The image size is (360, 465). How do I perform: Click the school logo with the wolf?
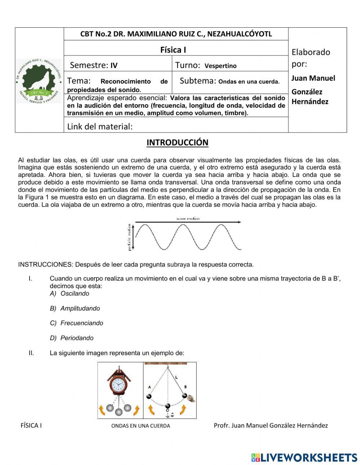point(39,81)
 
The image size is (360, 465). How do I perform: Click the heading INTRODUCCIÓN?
point(177,143)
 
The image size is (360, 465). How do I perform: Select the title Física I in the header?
point(173,50)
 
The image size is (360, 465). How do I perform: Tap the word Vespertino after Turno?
point(220,66)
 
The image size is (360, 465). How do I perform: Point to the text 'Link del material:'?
point(100,126)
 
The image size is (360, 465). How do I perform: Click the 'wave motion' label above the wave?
point(188,219)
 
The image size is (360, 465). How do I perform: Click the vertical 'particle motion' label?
point(129,237)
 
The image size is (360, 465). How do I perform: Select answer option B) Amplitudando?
point(75,308)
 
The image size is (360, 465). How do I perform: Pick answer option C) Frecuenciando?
point(76,323)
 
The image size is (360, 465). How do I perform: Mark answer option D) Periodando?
point(72,338)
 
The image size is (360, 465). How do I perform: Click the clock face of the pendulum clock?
point(117,385)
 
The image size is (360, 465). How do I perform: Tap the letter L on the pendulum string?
point(176,377)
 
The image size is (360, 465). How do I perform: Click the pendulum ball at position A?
point(149,396)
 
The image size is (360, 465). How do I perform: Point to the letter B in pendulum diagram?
point(185,387)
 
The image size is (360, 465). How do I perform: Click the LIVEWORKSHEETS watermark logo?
point(304,457)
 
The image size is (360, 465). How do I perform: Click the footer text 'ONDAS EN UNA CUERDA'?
point(140,426)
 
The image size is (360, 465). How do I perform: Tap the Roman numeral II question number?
point(31,353)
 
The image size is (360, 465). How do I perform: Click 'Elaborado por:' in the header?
point(310,58)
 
